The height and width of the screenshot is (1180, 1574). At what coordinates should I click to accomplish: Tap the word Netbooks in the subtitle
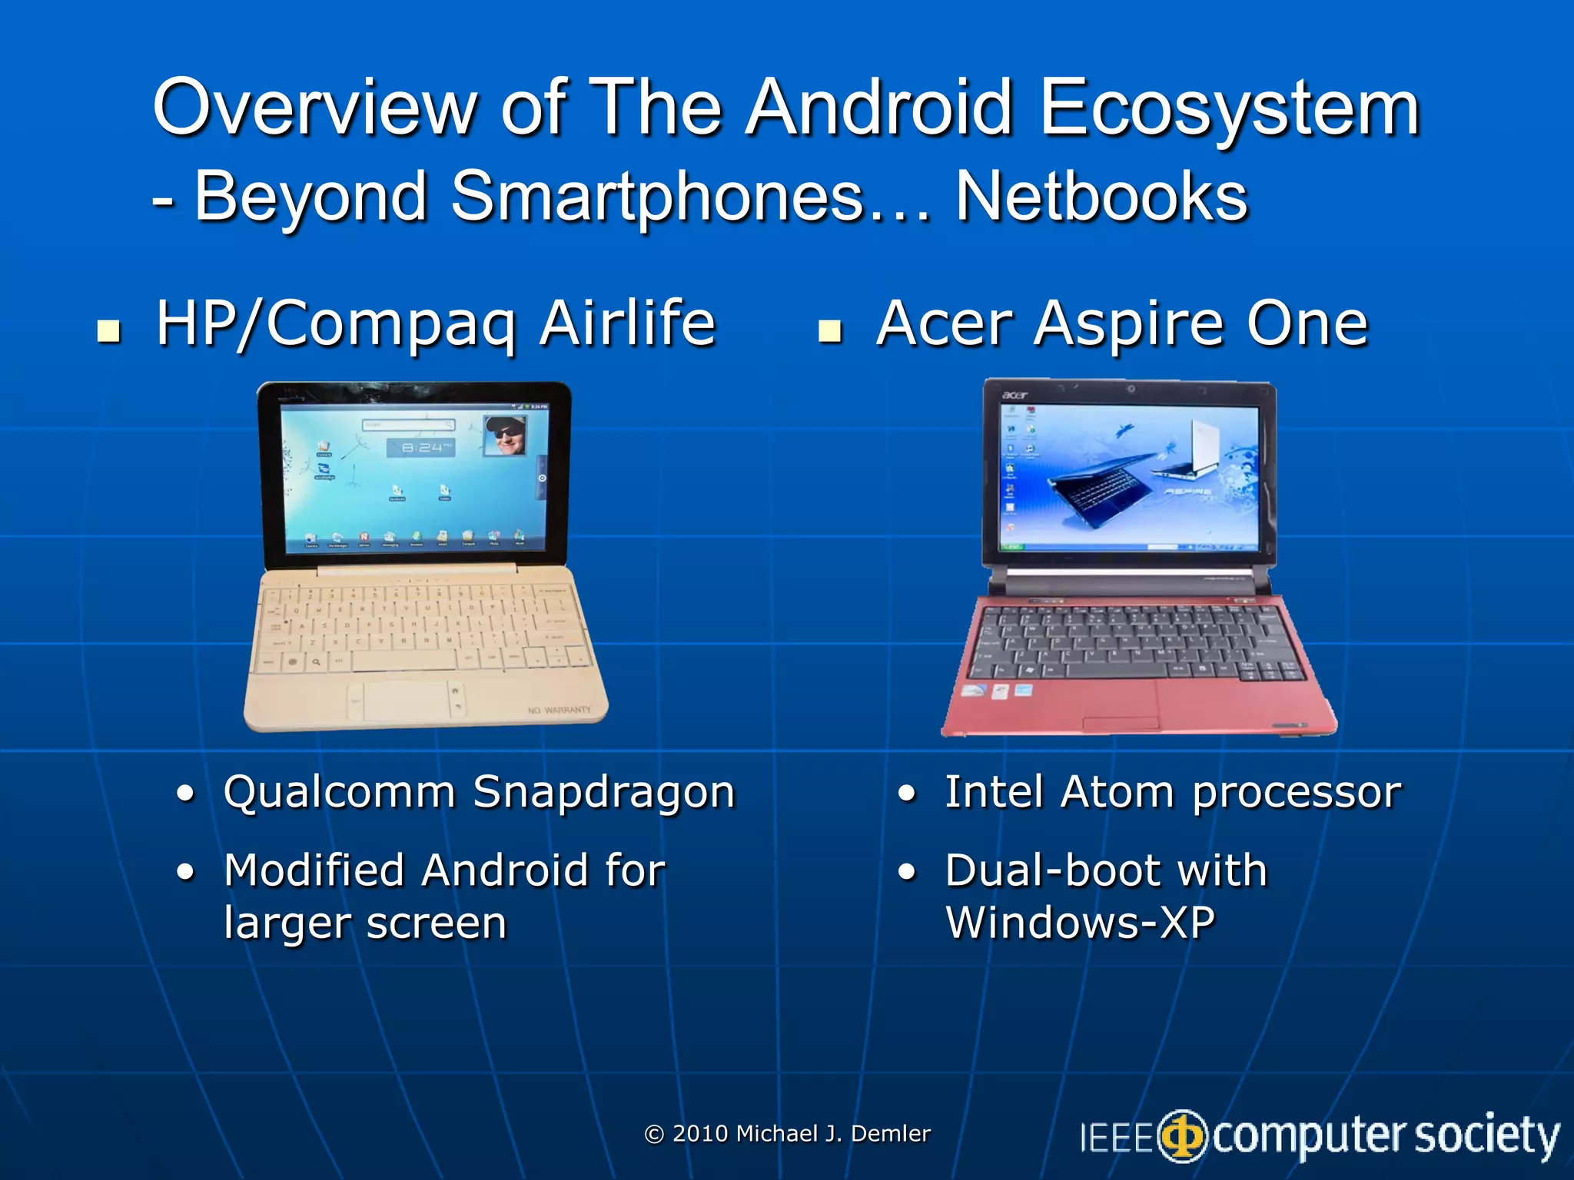click(1101, 197)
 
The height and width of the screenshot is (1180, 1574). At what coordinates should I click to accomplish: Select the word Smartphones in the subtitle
click(658, 197)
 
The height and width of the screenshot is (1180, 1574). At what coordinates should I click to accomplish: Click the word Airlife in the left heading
click(627, 323)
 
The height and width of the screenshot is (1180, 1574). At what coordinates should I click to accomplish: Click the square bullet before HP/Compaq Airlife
click(109, 331)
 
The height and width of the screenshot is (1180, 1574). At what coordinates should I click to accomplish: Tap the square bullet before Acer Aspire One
click(830, 331)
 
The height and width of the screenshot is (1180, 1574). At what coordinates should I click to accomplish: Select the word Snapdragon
click(604, 792)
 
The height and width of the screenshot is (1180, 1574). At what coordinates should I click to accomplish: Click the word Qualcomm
click(339, 792)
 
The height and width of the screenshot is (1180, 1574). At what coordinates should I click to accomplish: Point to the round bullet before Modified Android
click(185, 872)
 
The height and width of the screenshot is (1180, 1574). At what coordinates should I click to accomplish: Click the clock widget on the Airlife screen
click(421, 447)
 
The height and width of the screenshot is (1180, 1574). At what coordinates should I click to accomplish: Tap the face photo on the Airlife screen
click(505, 435)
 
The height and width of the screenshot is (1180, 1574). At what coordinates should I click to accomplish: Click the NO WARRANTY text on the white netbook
click(560, 710)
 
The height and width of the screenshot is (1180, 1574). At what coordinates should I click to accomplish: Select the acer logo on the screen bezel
click(1014, 395)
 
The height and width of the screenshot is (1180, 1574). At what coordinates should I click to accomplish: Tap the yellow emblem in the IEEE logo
click(1183, 1136)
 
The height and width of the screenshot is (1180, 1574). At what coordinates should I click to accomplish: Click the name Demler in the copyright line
click(891, 1134)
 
